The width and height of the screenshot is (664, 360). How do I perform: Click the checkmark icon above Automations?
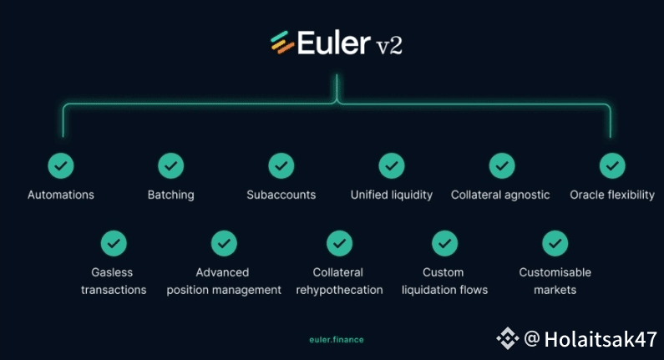coord(61,165)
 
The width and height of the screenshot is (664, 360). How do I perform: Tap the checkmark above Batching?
coord(171,165)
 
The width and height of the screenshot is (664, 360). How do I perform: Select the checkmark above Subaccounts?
coord(281,165)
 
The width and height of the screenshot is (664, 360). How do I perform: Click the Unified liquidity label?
coord(392,195)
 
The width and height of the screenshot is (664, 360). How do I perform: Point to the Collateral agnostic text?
coord(500,195)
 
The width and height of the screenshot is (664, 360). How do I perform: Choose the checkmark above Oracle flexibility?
coord(612,165)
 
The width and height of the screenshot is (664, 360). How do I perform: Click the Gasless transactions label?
coord(114,281)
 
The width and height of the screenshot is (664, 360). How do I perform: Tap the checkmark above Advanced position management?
coord(224,243)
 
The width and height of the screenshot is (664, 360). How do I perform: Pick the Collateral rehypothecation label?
coord(339,281)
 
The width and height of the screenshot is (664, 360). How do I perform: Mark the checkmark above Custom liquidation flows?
coord(444,243)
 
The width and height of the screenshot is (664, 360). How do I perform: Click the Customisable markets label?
coord(555,281)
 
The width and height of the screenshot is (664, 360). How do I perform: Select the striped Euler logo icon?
coord(281,43)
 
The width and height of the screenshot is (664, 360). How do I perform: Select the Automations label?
coord(61,195)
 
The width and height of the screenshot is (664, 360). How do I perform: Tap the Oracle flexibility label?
coord(612,195)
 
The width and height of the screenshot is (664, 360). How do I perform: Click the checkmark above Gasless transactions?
coord(114,243)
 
